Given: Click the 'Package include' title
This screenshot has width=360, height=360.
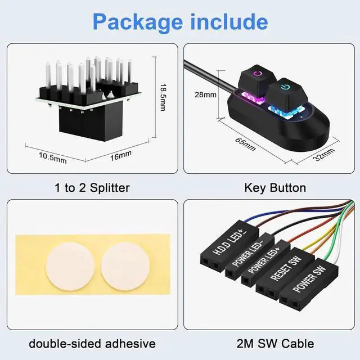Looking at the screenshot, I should (180, 21).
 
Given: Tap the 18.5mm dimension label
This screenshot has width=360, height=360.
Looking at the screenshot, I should (163, 97).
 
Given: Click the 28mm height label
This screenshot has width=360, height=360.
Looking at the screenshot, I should (205, 94).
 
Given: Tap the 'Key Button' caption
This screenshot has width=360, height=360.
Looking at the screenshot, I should (275, 188).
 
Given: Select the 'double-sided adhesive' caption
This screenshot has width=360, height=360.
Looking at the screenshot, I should (92, 343).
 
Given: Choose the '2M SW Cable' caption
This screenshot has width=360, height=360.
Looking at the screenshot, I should (275, 343).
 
